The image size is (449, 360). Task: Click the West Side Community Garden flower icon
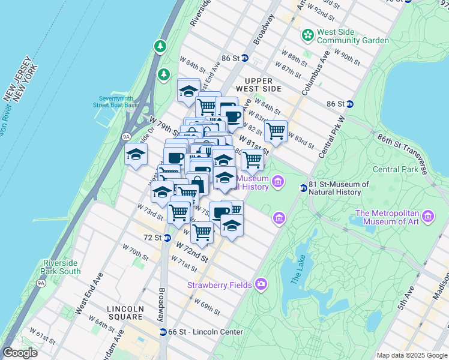308,35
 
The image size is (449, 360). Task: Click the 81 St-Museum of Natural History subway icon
304,188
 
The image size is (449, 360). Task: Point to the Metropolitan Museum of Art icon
428,216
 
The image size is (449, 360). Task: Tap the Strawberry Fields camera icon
261,283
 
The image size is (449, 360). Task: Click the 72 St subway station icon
167,238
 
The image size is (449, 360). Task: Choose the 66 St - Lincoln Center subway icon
163,332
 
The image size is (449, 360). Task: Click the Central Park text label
394,169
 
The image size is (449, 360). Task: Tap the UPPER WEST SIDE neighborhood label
263,85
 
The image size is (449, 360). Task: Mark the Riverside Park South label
61,267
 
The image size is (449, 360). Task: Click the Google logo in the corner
20,353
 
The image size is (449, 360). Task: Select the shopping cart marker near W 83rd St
276,131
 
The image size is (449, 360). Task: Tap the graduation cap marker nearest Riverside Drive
136,154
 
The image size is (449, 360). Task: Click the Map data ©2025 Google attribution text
411,355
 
